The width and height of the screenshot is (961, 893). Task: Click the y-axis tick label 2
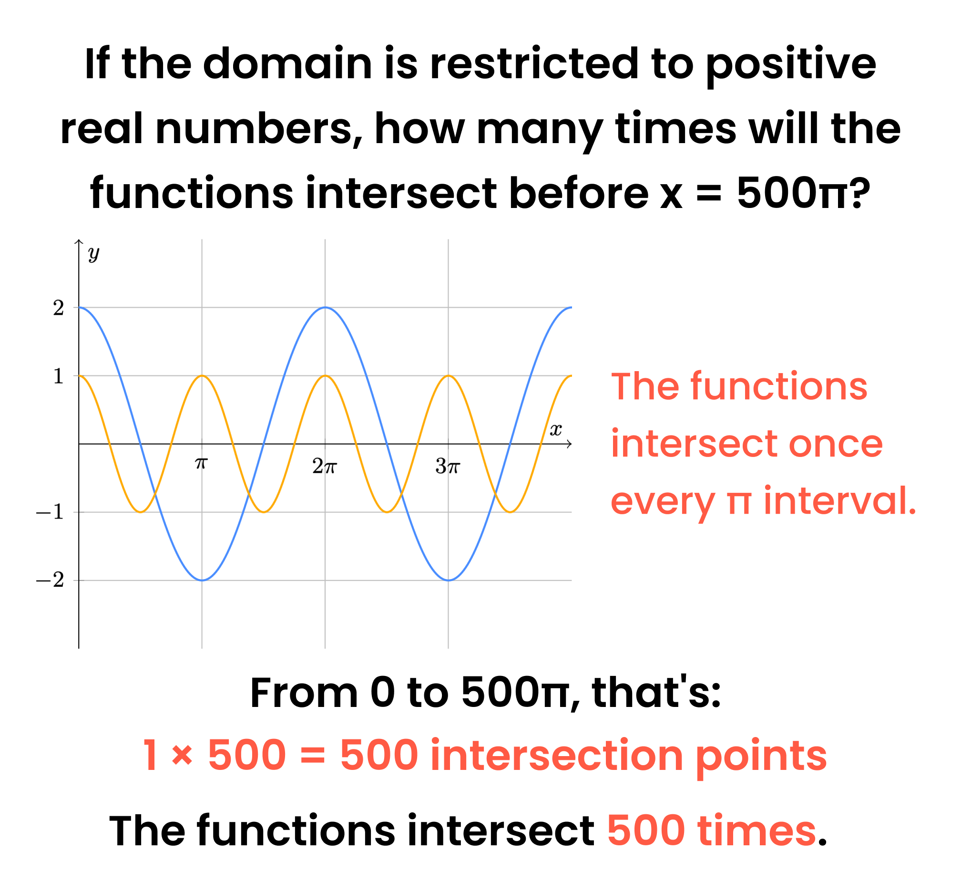(58, 308)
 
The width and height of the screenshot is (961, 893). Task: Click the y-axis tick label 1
(58, 376)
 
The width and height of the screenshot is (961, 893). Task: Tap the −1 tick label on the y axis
(50, 512)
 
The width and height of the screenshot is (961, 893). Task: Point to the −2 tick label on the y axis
(50, 581)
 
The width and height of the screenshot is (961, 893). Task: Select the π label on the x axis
(201, 463)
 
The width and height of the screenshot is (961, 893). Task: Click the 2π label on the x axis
(325, 467)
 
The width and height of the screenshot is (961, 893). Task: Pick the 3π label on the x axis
(448, 467)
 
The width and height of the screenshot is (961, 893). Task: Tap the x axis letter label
(556, 430)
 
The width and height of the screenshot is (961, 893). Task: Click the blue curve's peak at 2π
(325, 307)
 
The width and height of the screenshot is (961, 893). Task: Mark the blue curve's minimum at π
(202, 581)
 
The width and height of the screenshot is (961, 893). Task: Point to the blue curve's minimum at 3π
(448, 581)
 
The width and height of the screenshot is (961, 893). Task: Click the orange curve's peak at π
(202, 375)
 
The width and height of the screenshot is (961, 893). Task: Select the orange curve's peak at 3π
(448, 375)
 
